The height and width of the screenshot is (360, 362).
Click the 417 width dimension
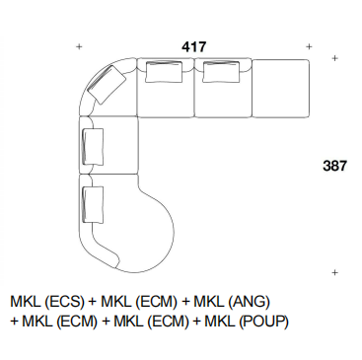click(194, 47)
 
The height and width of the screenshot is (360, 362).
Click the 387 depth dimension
click(334, 166)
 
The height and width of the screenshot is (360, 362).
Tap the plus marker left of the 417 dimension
click(79, 47)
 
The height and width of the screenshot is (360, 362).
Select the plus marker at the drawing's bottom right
click(334, 272)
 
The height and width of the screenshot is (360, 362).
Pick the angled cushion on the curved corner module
click(108, 84)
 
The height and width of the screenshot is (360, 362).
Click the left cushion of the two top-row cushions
click(164, 72)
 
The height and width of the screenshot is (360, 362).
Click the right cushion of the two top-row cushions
click(221, 72)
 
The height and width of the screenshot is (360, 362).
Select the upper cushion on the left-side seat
click(93, 147)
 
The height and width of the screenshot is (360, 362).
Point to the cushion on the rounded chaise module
click(93, 205)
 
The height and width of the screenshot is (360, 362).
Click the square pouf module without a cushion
click(280, 88)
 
